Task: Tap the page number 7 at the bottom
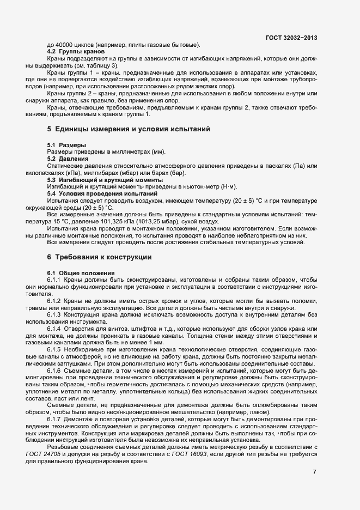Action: tap(314, 471)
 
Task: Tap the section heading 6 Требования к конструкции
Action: tap(103, 256)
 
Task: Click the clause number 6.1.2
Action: tap(56, 301)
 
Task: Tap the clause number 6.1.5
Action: tap(56, 349)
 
